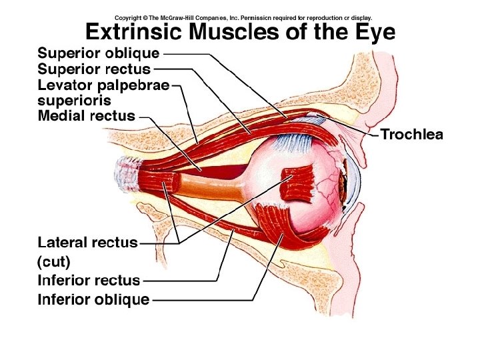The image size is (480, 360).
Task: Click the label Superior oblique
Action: coord(99,53)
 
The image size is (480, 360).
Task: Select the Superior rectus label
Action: coord(94,69)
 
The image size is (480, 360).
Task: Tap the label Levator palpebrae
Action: coord(103,85)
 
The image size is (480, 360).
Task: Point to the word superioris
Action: coord(74,101)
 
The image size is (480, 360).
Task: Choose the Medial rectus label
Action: coord(87,116)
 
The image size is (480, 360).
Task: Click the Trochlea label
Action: coord(411,135)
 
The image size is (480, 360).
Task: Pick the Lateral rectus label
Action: coord(87,243)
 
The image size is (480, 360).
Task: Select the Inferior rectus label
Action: coord(89,281)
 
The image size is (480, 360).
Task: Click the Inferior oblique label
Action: coord(93,299)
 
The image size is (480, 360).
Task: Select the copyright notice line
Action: coord(243,17)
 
